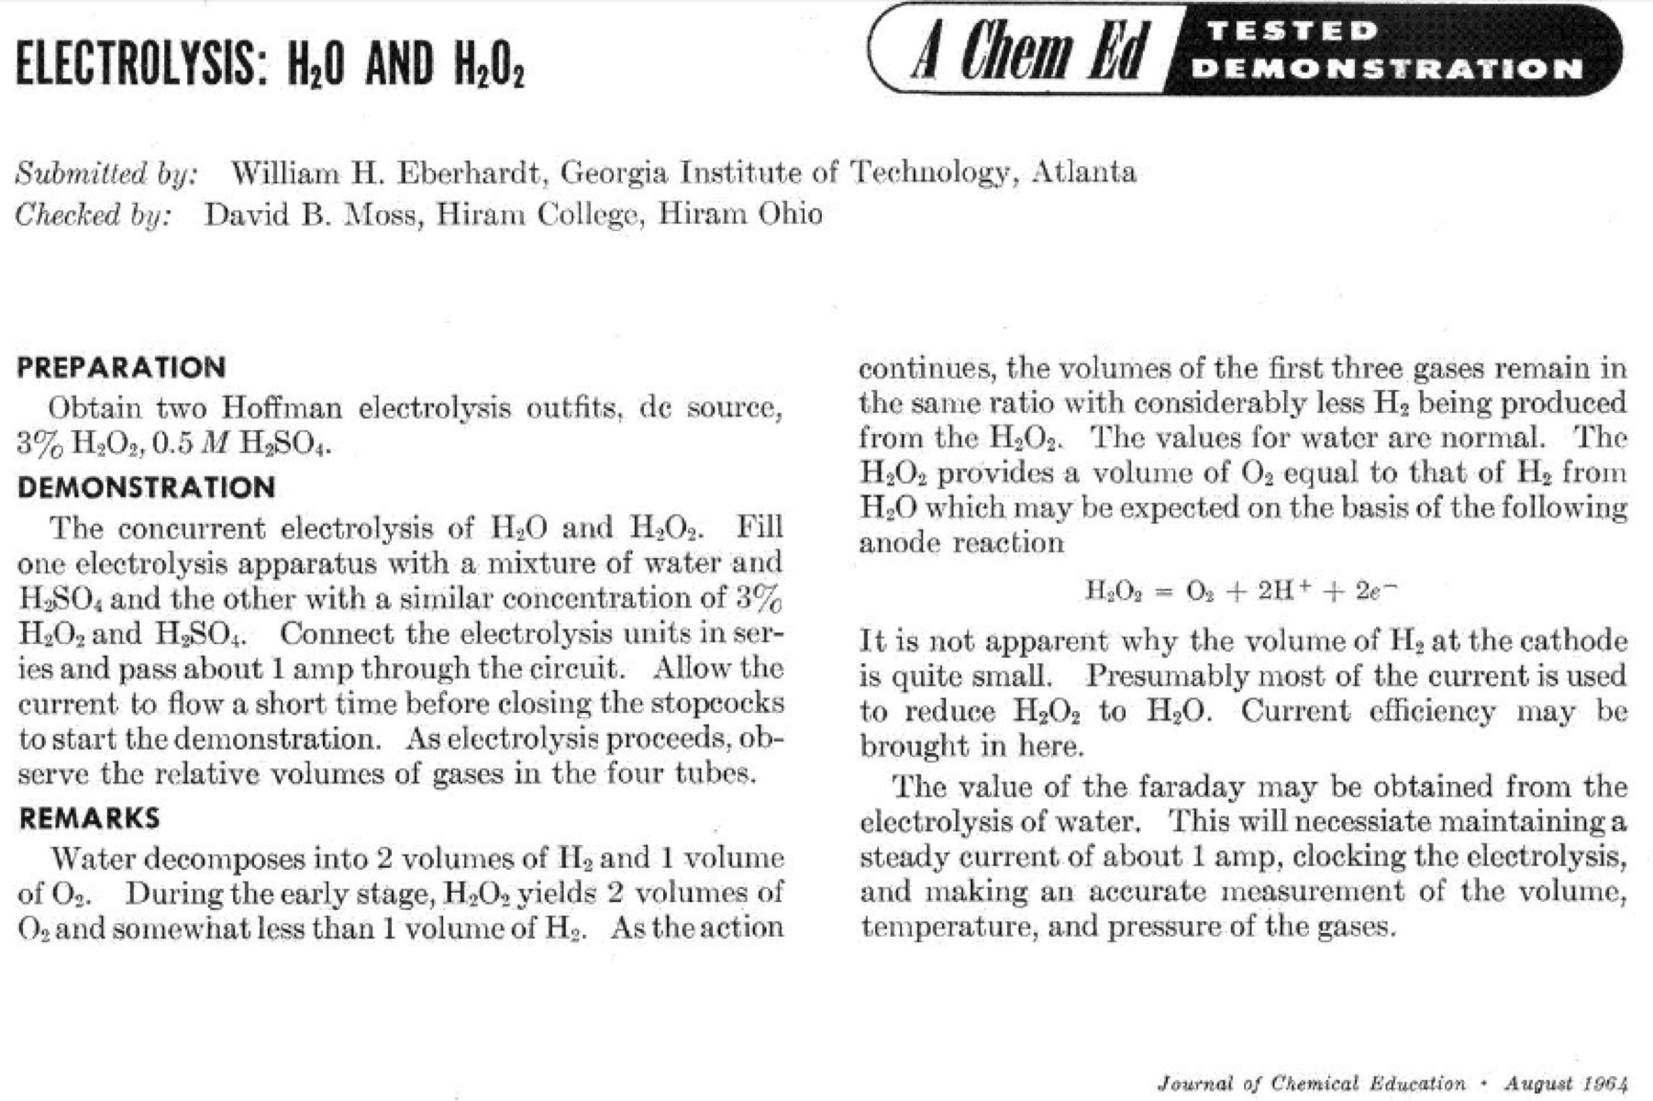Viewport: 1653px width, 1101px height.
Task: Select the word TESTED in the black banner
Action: pos(1292,30)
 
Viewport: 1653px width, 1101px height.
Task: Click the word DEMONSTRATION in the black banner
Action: pos(1391,69)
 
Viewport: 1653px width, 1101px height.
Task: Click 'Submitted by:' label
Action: pos(106,172)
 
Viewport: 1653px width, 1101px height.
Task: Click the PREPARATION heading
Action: pos(121,367)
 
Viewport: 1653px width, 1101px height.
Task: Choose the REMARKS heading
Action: pos(89,817)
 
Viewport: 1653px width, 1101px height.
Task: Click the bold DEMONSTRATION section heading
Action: pos(146,486)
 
